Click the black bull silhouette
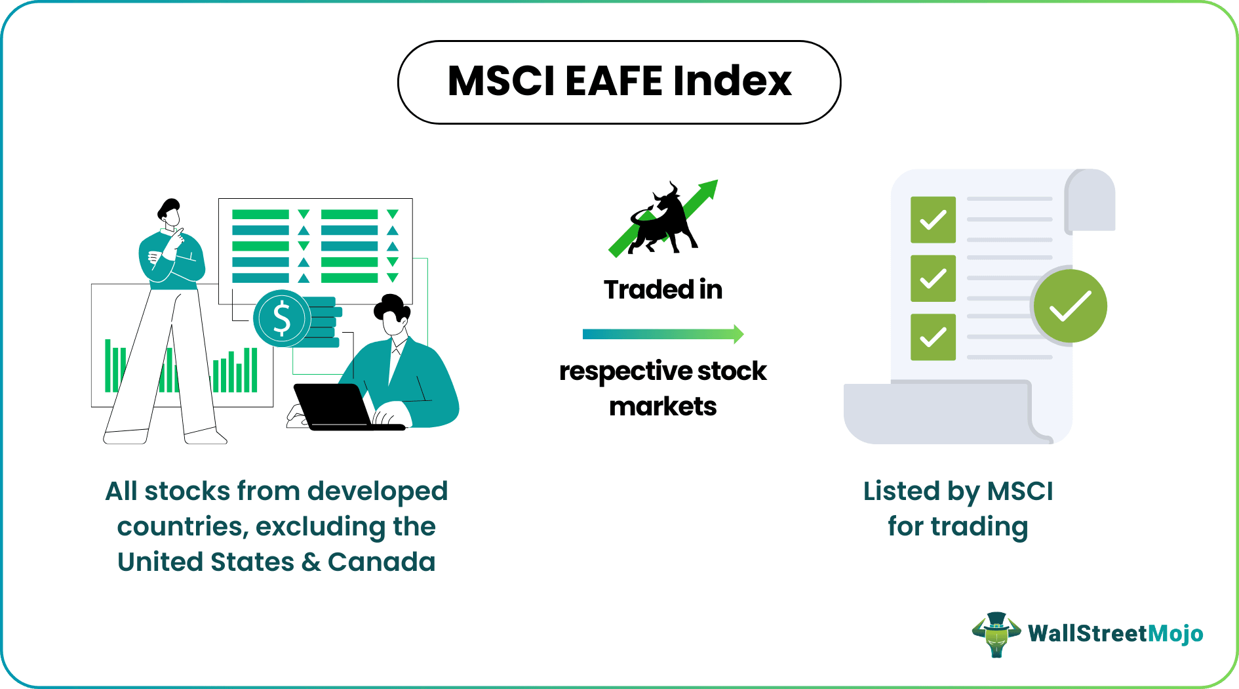coord(662,219)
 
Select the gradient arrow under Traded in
coord(663,334)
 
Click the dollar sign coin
coord(282,318)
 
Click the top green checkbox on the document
coord(933,220)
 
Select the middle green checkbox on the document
coord(933,278)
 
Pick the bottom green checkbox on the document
coord(933,337)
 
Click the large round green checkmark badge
coord(1070,306)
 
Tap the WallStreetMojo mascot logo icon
coord(996,634)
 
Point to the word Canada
coord(382,562)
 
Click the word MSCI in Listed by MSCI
coord(1020,491)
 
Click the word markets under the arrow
coord(663,407)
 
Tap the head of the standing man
coord(170,213)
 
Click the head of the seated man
coord(392,316)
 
